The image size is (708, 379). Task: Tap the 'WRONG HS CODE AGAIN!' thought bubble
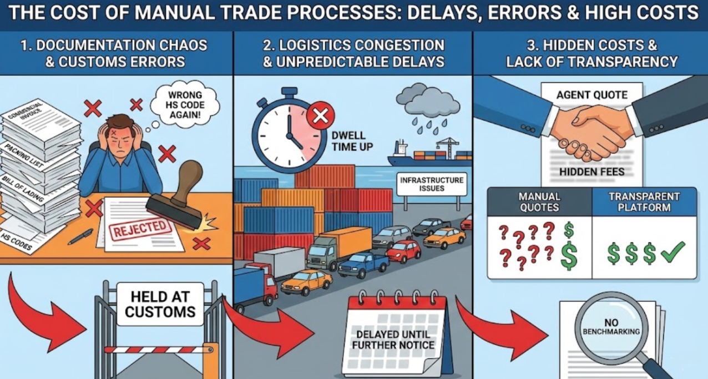click(181, 103)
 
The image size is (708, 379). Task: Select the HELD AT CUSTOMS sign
click(160, 304)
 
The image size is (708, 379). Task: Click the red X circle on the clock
click(320, 115)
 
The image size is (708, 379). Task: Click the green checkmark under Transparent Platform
click(673, 252)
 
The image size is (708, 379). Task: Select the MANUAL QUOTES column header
click(539, 202)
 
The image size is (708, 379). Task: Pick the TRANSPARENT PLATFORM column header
click(644, 202)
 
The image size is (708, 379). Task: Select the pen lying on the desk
click(81, 236)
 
